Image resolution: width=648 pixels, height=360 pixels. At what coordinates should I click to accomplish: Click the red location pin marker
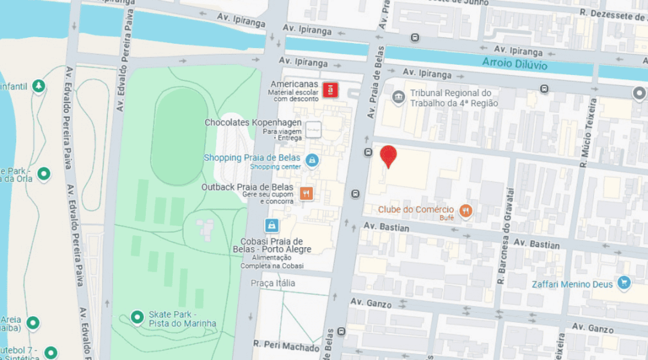point(389,155)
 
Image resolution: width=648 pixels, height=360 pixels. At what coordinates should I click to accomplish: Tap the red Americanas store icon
point(330,91)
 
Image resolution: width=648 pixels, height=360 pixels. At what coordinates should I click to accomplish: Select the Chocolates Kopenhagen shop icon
point(313,128)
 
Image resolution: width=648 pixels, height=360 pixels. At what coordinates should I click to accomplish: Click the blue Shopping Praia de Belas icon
point(312,160)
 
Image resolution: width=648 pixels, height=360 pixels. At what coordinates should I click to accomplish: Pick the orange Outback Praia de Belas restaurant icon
point(306,193)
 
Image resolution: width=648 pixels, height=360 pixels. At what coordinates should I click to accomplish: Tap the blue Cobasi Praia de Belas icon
point(272,226)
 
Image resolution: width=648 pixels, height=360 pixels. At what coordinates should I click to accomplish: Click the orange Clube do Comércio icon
point(466,211)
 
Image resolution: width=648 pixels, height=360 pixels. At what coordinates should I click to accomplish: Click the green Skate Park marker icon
point(137,316)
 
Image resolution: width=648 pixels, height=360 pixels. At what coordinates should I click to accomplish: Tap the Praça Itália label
point(273,283)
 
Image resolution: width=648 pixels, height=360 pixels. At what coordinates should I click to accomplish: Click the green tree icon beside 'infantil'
point(39,86)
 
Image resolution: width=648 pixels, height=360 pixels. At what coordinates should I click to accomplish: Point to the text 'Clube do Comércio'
point(416,209)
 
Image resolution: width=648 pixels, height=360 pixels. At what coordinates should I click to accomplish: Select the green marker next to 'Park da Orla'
point(43,175)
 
